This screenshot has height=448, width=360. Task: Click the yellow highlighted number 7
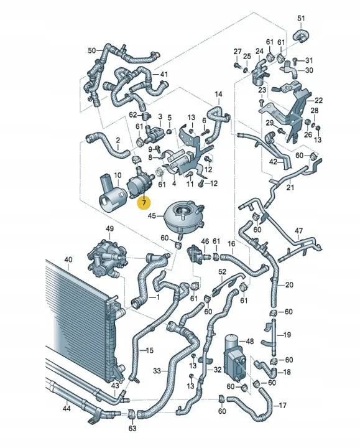click(x=144, y=202)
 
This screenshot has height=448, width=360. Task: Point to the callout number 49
click(x=110, y=230)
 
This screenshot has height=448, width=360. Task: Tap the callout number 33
click(x=157, y=371)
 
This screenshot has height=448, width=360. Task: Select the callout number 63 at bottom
click(x=132, y=429)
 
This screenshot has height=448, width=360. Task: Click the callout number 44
click(x=66, y=409)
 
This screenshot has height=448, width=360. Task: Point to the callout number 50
click(x=91, y=50)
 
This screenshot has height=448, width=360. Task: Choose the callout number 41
click(x=164, y=75)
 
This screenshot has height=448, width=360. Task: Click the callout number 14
click(x=218, y=94)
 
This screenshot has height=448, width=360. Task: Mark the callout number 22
click(x=318, y=100)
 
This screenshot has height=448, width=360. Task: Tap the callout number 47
click(x=298, y=231)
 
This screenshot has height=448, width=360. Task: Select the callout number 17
click(x=283, y=406)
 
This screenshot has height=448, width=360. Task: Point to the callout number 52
click(x=223, y=272)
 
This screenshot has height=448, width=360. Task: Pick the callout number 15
click(x=149, y=351)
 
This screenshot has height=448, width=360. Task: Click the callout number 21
click(x=290, y=187)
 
